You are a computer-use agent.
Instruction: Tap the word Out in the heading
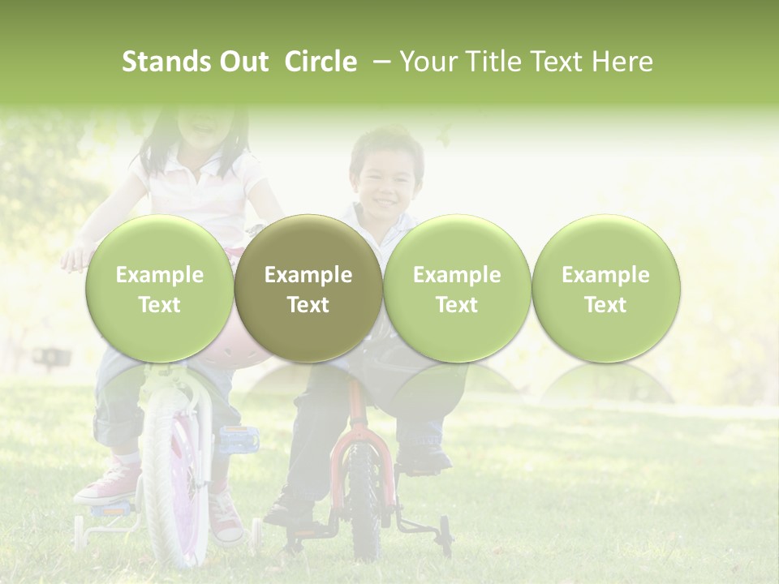point(241,62)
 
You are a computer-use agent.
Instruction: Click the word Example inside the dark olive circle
point(308,275)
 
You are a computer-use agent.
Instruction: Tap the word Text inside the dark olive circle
point(308,305)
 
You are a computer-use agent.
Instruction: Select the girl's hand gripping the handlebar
point(78,258)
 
